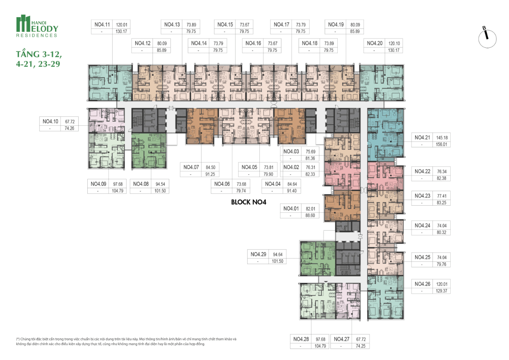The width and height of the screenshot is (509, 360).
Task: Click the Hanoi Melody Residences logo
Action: point(37,26)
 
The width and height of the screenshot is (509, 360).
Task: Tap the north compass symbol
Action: point(487,38)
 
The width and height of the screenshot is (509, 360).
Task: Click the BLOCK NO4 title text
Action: point(249,202)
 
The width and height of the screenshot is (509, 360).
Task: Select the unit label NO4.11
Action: point(102,24)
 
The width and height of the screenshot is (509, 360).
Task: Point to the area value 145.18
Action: point(442,138)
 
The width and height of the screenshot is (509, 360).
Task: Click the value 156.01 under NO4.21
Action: point(441,144)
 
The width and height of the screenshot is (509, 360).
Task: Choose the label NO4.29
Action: point(258,254)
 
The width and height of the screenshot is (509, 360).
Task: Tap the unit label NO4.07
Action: point(191,167)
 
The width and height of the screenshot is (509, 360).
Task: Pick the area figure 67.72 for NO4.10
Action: point(70,122)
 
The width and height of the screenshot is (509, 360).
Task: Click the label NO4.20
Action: point(375,43)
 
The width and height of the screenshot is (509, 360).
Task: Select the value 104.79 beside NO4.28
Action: point(320,346)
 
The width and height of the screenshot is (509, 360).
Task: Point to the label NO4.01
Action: point(291,209)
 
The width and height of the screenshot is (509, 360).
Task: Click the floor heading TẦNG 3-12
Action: point(39,54)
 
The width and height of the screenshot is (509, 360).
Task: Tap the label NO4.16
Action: point(253,43)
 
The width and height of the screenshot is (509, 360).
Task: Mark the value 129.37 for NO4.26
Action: point(441,291)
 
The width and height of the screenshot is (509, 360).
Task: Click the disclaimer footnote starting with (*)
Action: point(126,341)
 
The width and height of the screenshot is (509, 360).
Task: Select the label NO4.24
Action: point(423,225)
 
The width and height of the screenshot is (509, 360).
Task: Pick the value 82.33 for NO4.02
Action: point(310,174)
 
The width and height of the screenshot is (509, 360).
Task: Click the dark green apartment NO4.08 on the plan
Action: point(149,151)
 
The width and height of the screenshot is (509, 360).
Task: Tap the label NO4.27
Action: point(341,339)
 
